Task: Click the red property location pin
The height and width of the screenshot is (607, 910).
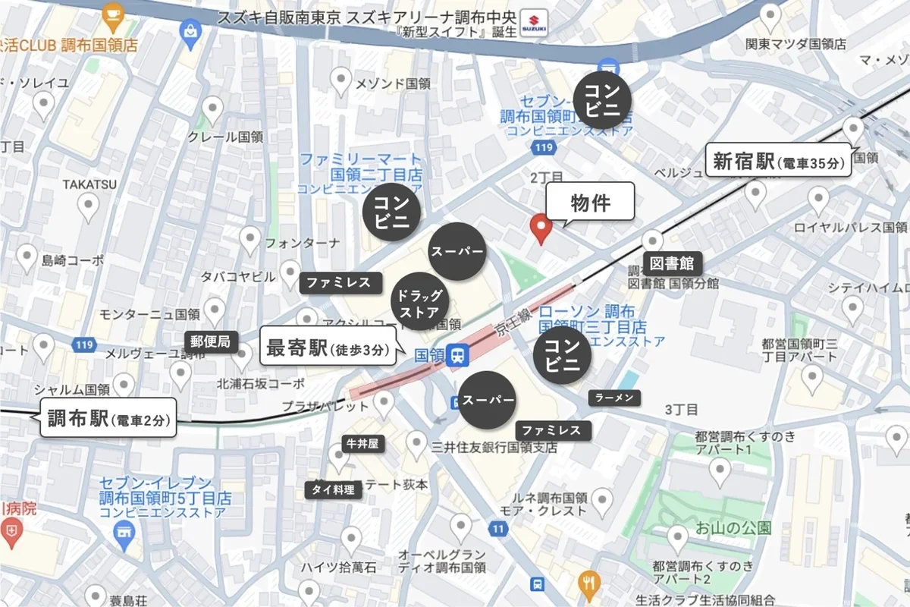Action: tap(540, 228)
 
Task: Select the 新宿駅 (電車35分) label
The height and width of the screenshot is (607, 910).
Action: tap(778, 161)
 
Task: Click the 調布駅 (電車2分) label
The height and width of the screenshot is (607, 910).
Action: tap(107, 418)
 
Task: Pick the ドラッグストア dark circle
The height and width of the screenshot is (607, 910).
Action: tap(419, 302)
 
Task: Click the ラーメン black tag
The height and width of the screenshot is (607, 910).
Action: tap(615, 397)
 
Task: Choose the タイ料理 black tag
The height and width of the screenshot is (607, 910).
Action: tap(334, 490)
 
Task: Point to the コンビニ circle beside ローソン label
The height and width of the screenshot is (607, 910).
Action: tap(563, 354)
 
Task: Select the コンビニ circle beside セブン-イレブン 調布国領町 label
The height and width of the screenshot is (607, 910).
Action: tap(603, 99)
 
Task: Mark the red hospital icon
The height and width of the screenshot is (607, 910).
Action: tap(11, 533)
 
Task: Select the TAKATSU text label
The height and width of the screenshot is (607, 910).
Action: tap(89, 184)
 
